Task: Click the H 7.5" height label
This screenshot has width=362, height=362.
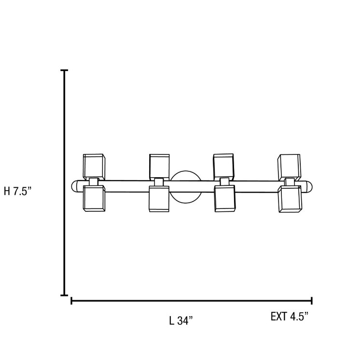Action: [x=17, y=192]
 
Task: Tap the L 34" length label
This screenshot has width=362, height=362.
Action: [x=181, y=320]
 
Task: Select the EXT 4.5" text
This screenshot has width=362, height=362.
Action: [x=290, y=316]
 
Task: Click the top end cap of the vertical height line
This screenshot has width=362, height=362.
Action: [x=64, y=70]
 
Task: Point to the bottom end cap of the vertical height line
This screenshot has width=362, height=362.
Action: [x=64, y=295]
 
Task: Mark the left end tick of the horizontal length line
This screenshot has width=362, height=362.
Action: [x=71, y=301]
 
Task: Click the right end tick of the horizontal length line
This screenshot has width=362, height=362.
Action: [x=312, y=301]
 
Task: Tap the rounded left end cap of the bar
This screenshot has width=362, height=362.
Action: [x=74, y=186]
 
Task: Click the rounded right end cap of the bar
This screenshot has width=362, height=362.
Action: [x=309, y=187]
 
